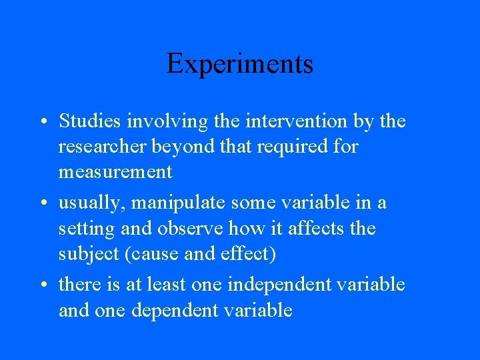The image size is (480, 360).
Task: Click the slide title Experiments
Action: [240, 64]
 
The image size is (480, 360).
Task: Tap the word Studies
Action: [89, 121]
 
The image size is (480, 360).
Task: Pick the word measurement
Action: [115, 172]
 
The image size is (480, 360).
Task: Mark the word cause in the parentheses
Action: [153, 254]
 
